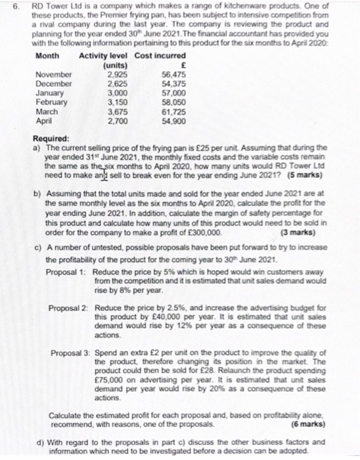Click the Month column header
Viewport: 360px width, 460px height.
tap(47, 55)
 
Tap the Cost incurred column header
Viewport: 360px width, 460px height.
tap(160, 55)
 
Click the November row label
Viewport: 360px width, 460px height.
tap(54, 76)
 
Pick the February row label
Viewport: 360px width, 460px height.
tap(52, 103)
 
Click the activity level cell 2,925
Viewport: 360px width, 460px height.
tap(116, 76)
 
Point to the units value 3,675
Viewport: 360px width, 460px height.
tap(116, 112)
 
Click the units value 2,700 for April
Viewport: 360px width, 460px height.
tap(116, 122)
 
